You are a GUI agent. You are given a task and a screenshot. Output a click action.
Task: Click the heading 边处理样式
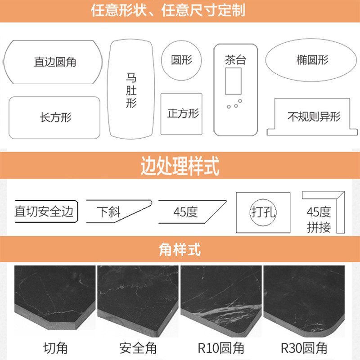click(180, 166)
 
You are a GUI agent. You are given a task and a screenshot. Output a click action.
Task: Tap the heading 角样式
click(180, 248)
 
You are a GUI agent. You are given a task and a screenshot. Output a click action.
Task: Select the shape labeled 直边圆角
click(53, 62)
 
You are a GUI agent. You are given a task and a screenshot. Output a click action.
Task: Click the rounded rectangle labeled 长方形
click(54, 117)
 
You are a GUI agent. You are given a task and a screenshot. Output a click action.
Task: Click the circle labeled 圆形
click(182, 60)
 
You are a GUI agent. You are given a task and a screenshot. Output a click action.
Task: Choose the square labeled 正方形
click(182, 113)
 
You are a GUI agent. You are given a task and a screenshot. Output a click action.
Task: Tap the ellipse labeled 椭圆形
click(312, 60)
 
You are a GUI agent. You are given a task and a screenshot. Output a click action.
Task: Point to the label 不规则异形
click(314, 117)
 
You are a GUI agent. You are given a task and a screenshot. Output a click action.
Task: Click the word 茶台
click(235, 60)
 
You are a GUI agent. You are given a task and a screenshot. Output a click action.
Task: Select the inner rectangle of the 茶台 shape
click(234, 81)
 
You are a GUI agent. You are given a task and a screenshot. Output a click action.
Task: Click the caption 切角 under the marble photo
click(55, 348)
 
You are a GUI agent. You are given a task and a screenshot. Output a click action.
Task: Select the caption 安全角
click(138, 348)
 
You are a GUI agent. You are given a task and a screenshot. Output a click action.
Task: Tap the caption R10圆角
click(221, 348)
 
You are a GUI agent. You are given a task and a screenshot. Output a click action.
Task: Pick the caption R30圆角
click(304, 348)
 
